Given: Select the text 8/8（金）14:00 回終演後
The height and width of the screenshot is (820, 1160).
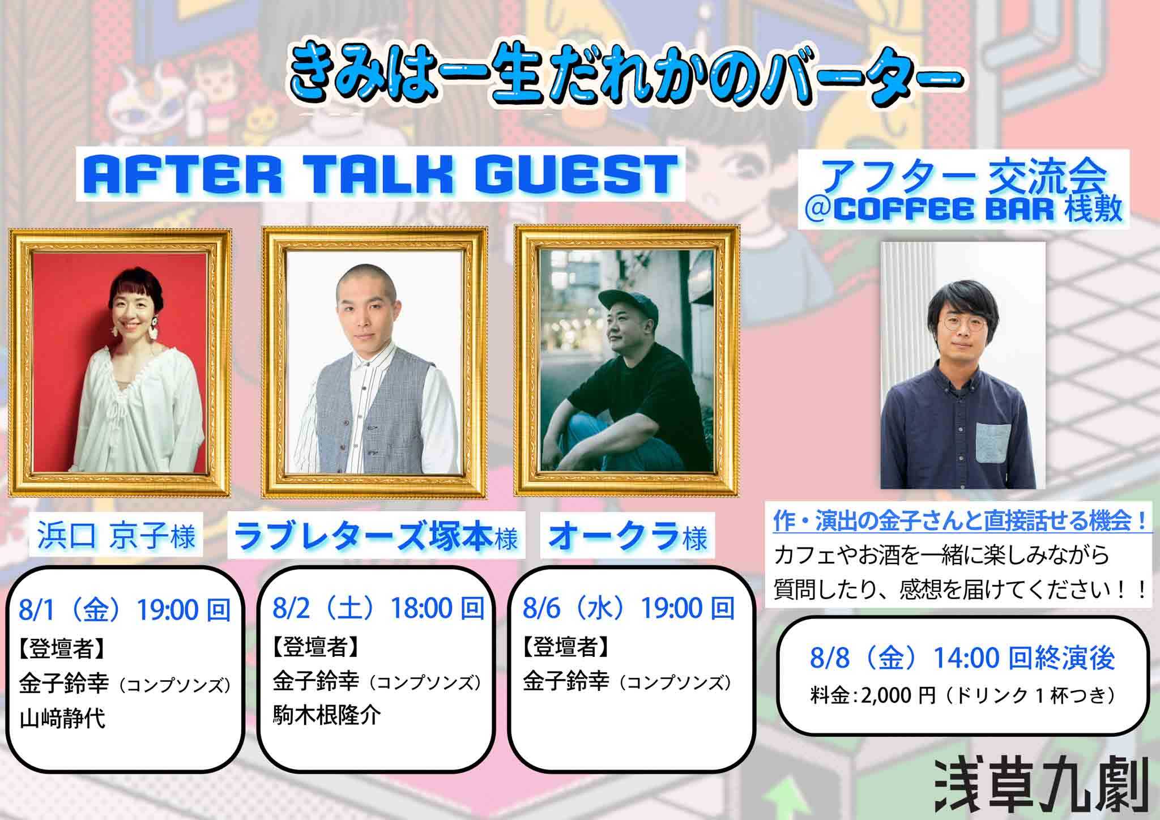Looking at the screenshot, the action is coord(962,658).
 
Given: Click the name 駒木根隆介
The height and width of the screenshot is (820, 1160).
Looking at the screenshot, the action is coord(327,716).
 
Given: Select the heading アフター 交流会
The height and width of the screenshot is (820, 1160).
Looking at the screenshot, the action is coord(963,177).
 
